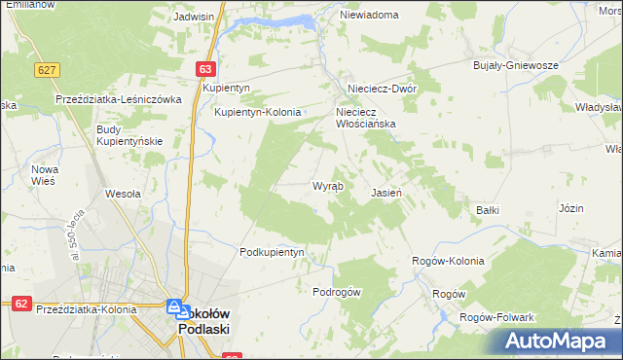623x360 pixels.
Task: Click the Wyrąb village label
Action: click(x=326, y=186)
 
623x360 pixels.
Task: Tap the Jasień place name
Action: click(x=386, y=193)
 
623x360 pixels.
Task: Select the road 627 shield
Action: click(x=46, y=70)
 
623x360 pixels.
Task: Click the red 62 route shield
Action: click(x=20, y=304)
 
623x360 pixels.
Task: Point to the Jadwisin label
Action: click(x=194, y=17)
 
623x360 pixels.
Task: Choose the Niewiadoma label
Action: click(x=369, y=16)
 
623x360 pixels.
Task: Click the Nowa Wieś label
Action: click(x=46, y=175)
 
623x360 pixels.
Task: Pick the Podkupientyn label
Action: click(x=273, y=252)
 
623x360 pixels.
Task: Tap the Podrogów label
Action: click(x=337, y=292)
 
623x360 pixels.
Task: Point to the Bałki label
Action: click(x=488, y=209)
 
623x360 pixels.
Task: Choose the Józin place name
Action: click(x=571, y=209)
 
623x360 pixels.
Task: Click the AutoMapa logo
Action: click(x=558, y=341)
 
